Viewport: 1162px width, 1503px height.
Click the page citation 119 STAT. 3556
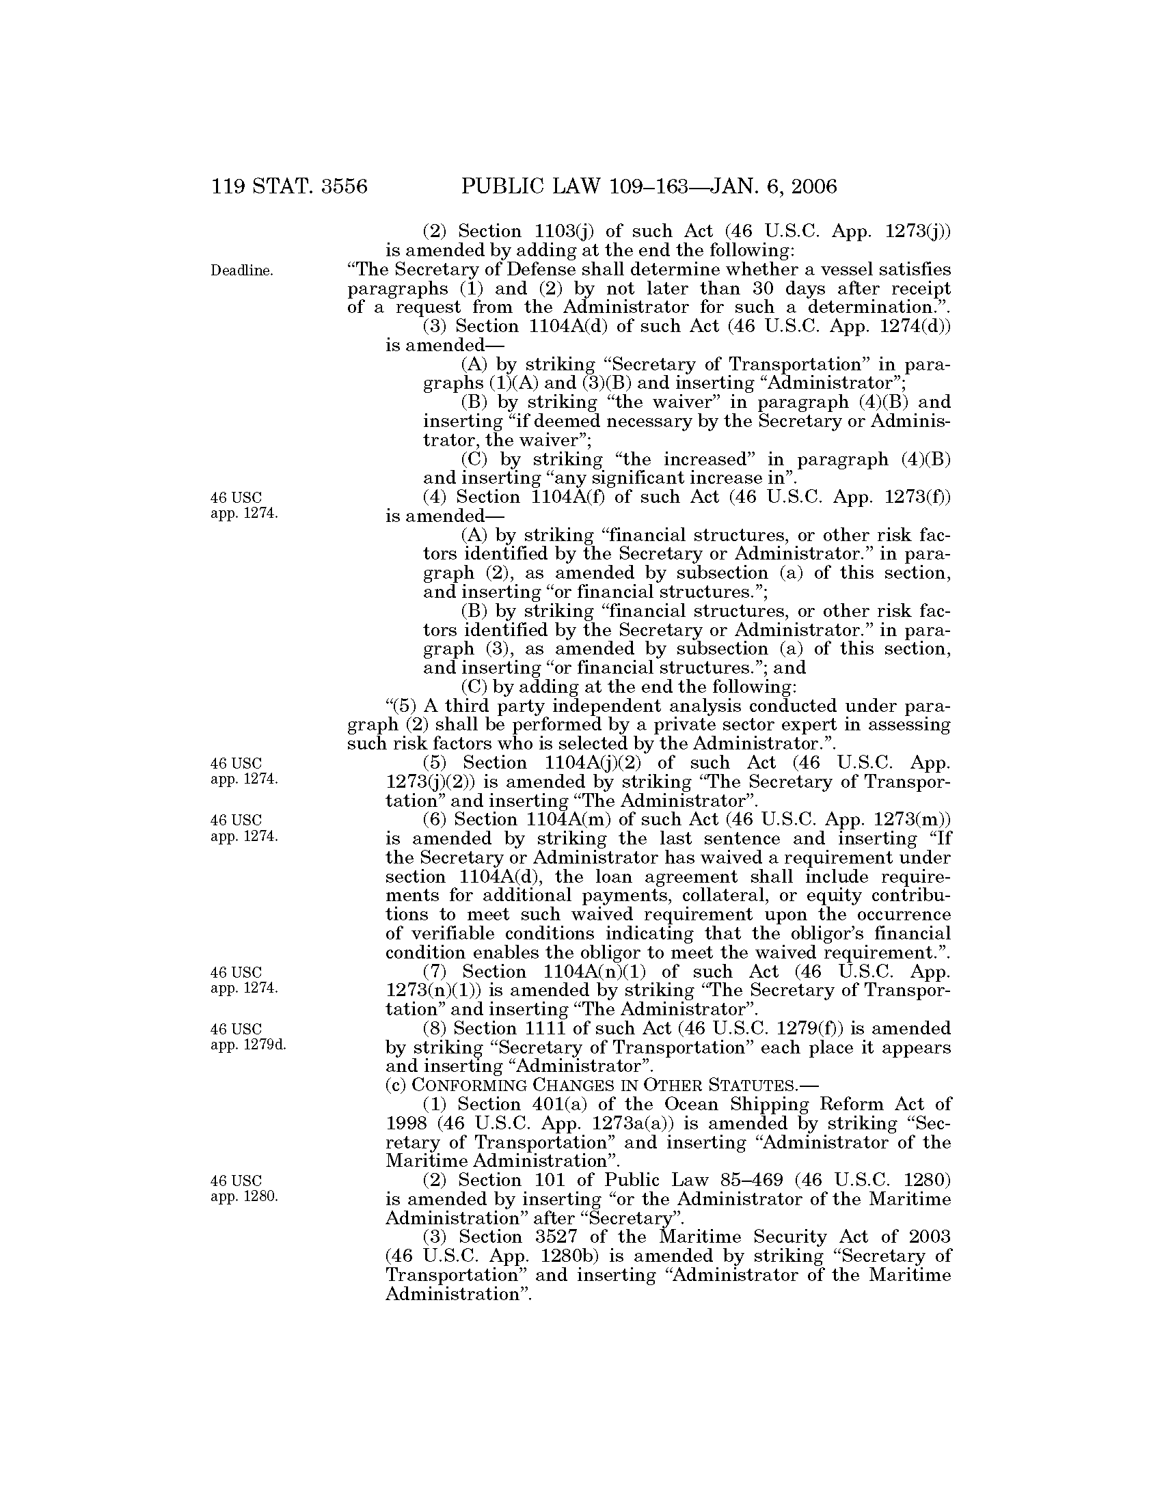pyautogui.click(x=289, y=187)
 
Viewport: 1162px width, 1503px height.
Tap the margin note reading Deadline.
pyautogui.click(x=241, y=271)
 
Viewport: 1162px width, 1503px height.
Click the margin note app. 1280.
pyautogui.click(x=245, y=1196)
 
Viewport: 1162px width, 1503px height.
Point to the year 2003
pyautogui.click(x=926, y=1237)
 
